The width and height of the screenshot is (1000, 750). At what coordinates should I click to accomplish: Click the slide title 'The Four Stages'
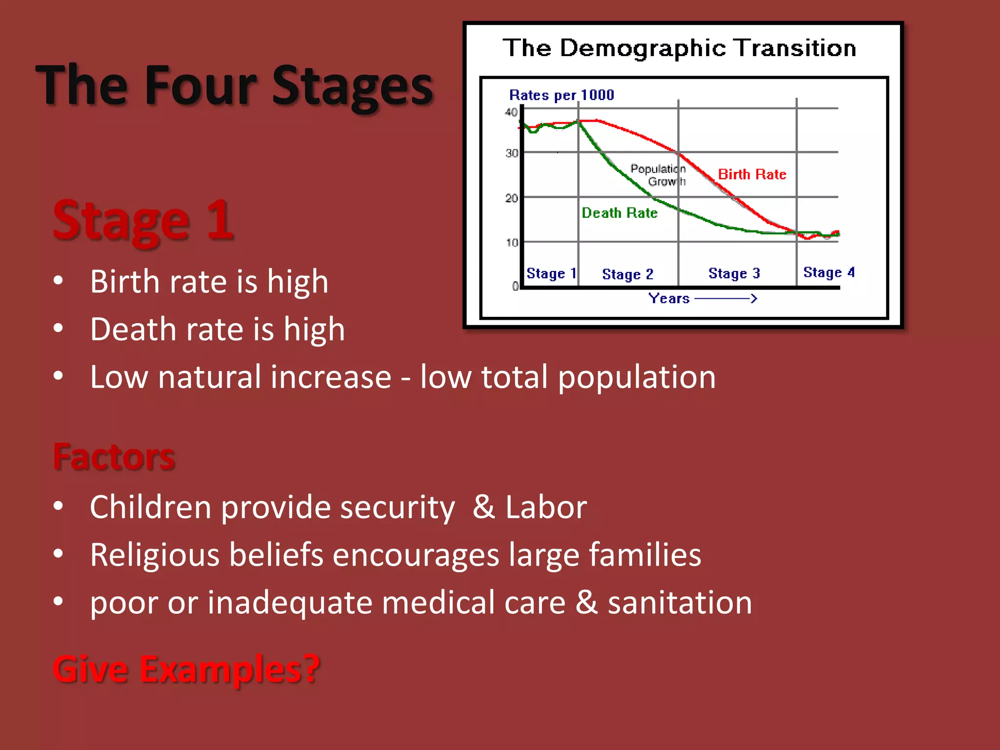234,86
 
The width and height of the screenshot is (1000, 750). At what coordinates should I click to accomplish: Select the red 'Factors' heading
114,457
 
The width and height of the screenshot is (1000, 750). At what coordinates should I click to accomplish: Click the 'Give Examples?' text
186,669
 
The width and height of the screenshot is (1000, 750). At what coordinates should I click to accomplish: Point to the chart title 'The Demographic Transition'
679,48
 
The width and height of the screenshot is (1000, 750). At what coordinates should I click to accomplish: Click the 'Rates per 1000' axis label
562,95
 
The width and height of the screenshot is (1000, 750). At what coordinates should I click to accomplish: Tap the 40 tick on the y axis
511,112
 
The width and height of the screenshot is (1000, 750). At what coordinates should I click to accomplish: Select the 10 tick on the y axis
512,242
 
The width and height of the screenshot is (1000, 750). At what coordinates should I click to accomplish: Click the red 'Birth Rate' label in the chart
752,174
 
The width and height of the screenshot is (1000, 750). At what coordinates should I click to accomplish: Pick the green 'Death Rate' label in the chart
619,213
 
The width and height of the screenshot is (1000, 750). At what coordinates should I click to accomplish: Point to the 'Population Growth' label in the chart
659,175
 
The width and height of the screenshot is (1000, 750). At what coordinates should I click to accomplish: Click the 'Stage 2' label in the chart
627,274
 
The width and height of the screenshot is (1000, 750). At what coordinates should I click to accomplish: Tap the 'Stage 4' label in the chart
829,272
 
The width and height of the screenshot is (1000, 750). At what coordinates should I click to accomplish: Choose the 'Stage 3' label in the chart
734,273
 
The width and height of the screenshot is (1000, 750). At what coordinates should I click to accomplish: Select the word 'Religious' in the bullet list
155,555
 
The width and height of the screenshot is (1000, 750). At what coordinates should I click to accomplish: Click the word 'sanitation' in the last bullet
680,602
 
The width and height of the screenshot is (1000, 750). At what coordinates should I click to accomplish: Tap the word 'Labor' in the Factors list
545,507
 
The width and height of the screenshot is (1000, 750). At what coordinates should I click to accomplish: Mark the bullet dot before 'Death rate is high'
59,329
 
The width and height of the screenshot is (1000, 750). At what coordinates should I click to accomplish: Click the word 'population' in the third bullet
637,377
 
